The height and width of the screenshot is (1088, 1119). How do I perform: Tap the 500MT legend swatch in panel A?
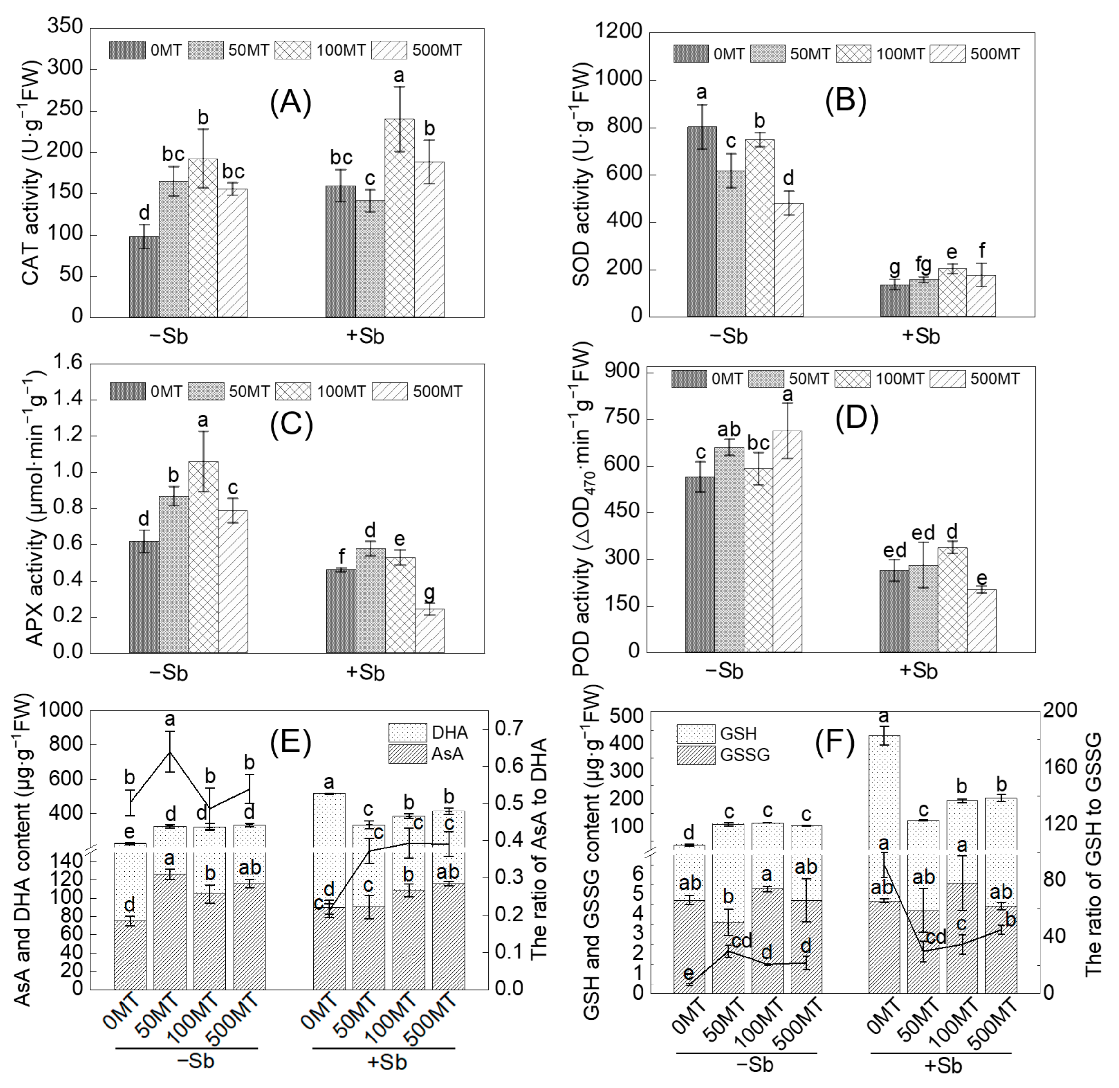pos(389,50)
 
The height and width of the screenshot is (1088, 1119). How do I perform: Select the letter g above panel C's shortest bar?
pos(429,592)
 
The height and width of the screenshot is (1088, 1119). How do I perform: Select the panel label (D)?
pos(856,419)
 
